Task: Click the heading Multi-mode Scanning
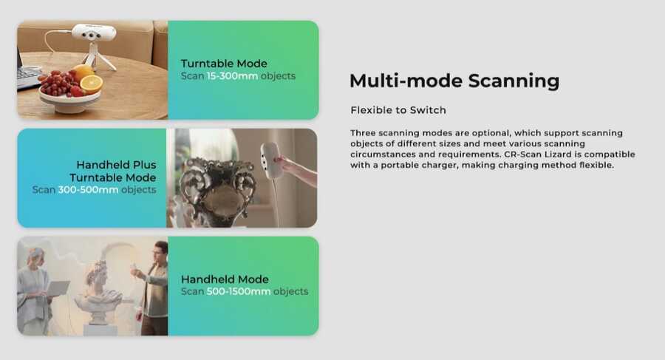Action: point(454,81)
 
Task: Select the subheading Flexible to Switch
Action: point(398,110)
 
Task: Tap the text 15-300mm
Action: point(233,76)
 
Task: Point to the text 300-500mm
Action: point(88,190)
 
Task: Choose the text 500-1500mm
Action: point(239,292)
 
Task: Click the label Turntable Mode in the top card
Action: point(224,64)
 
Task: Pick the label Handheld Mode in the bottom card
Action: point(225,279)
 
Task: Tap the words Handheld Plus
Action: point(116,165)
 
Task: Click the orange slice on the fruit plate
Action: point(91,84)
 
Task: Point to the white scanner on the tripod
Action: point(94,33)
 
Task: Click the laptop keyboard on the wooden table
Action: point(27,75)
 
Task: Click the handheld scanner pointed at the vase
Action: point(270,161)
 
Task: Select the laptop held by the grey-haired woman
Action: point(57,288)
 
